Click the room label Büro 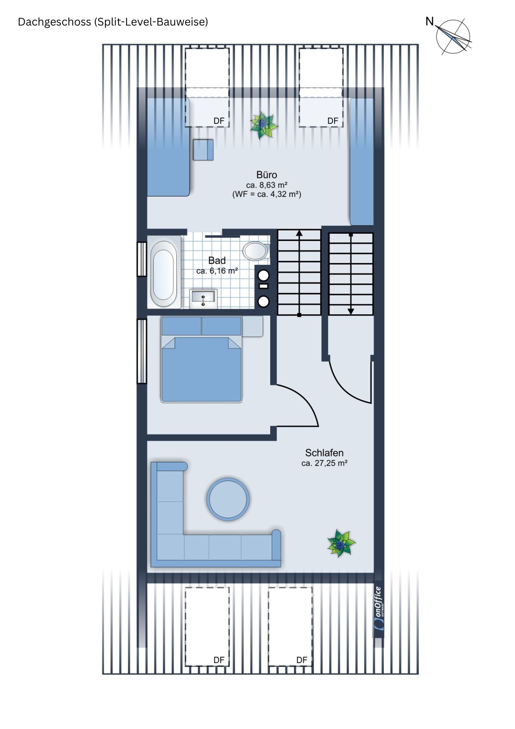(266, 175)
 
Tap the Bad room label (217, 260)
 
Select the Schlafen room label (324, 453)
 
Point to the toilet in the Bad (256, 251)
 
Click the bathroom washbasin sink (203, 299)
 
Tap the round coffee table (228, 499)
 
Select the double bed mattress (201, 369)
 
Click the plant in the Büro (264, 125)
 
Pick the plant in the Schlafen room (341, 543)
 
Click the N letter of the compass (430, 22)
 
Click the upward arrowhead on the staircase (299, 233)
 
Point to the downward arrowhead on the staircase (351, 311)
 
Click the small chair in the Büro (203, 149)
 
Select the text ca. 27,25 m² (324, 463)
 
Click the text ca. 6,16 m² (217, 271)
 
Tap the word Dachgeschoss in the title (54, 22)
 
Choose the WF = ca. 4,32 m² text (267, 194)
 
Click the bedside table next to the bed (252, 326)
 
